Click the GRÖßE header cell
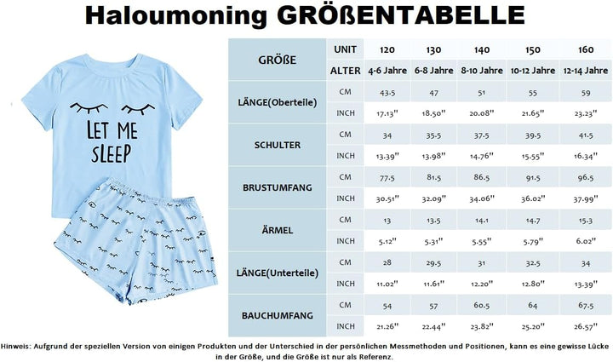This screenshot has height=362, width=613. (x=277, y=60)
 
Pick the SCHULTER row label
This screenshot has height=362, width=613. (x=277, y=145)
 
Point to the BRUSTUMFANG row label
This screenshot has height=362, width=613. (x=277, y=187)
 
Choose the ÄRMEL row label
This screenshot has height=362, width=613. (x=277, y=230)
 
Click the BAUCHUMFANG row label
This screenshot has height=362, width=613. (x=277, y=315)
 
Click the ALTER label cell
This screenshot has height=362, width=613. (x=344, y=71)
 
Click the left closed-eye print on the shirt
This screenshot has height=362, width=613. (x=84, y=108)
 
